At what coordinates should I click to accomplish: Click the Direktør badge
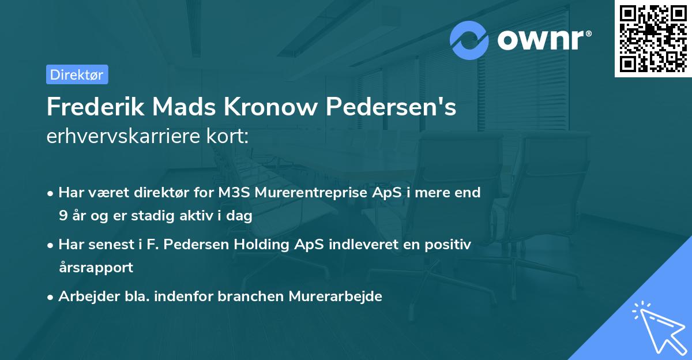(77, 74)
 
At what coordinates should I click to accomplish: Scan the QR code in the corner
(653, 39)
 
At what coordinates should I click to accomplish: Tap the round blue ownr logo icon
(469, 40)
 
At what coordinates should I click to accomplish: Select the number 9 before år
(62, 216)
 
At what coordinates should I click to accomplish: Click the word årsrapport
(96, 268)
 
